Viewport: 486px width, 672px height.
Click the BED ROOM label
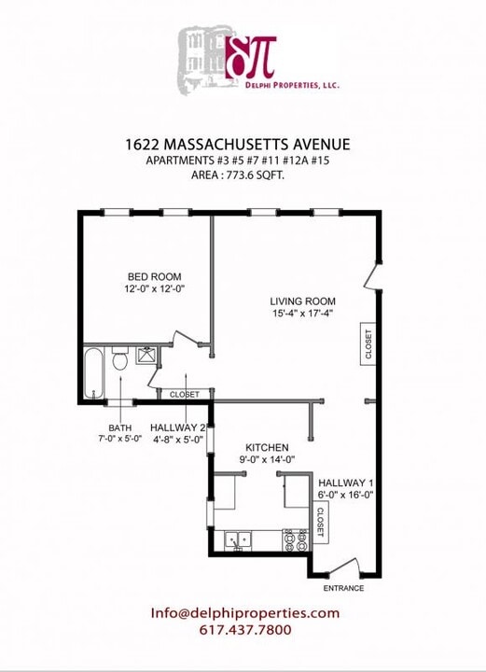point(154,276)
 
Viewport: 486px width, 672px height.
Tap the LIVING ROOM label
point(302,301)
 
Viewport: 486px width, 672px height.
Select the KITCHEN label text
point(267,447)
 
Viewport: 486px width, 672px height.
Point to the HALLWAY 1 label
point(345,482)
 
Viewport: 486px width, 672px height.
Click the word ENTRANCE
point(343,589)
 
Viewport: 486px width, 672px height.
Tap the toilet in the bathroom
point(119,359)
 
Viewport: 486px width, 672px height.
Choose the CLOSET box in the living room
point(368,345)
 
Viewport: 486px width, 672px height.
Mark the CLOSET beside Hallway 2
point(184,395)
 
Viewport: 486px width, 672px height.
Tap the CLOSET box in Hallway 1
point(321,521)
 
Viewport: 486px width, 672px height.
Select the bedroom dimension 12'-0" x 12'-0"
point(154,289)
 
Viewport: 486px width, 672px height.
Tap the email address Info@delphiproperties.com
point(244,613)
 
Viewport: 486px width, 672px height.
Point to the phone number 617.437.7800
point(245,630)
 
